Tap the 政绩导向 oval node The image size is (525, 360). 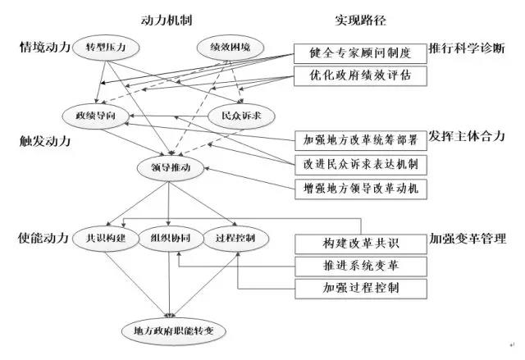[95, 114]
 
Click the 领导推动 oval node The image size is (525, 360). [171, 168]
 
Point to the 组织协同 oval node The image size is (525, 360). [169, 239]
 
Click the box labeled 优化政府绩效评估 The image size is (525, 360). [360, 76]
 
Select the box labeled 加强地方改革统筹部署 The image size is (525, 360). [360, 139]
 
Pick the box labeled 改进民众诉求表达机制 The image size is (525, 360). [360, 163]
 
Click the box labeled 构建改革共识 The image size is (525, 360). [360, 244]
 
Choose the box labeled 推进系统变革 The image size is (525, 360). [360, 267]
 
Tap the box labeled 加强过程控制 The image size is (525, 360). [360, 289]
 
